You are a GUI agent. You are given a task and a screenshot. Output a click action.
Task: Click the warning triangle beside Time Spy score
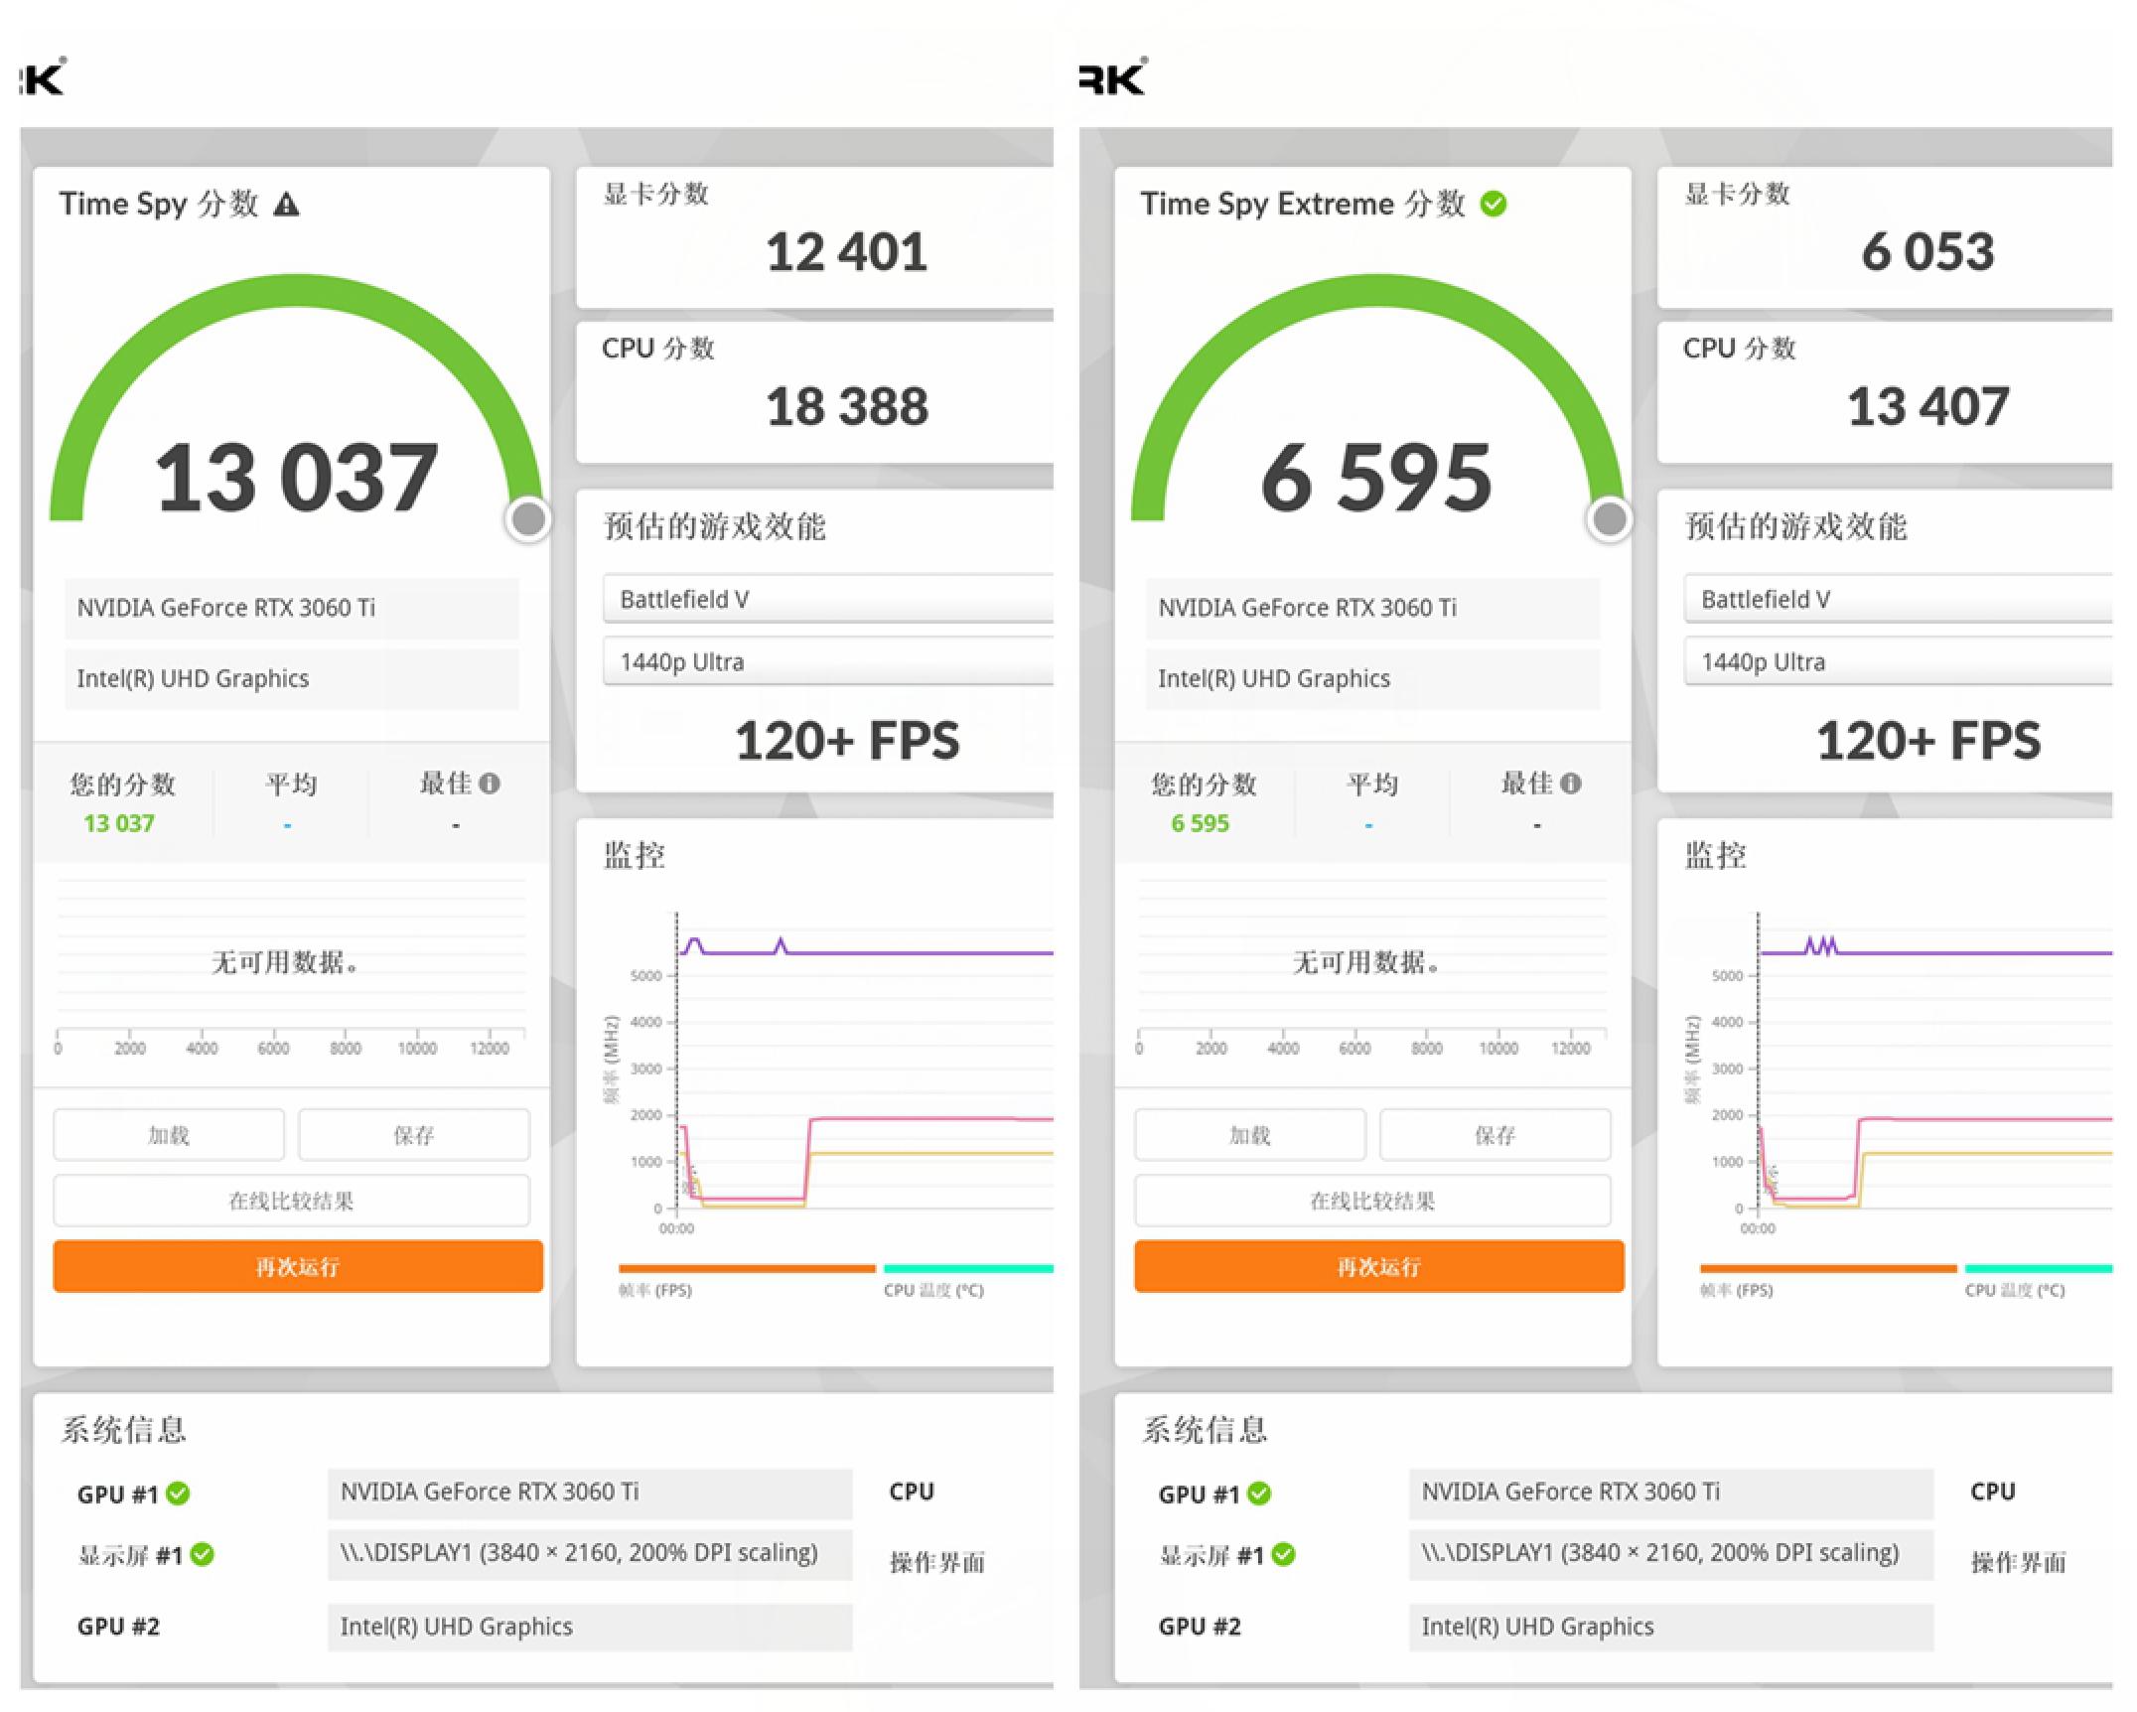[287, 206]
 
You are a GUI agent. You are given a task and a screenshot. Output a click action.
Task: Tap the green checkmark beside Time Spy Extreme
[1493, 205]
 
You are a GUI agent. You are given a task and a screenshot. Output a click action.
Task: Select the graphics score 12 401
[846, 252]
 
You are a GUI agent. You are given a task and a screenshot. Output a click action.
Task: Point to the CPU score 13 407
[1927, 407]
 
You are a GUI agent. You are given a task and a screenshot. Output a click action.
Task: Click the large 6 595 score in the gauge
[1376, 479]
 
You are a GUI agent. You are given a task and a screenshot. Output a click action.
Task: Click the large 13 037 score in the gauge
[296, 479]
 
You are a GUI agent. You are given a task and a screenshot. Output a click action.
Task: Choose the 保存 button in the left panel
[413, 1135]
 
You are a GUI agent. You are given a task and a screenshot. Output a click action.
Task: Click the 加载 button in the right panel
[1249, 1135]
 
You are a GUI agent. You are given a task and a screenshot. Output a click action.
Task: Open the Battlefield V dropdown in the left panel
[826, 600]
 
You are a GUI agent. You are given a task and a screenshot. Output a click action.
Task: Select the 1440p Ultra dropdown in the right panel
[1897, 662]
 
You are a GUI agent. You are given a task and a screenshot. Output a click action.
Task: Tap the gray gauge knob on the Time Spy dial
[528, 518]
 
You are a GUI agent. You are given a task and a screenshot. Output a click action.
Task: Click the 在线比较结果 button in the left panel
[291, 1202]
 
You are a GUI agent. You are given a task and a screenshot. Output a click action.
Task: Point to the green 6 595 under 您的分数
[1200, 823]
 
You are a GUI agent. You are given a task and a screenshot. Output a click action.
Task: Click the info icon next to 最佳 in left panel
[489, 784]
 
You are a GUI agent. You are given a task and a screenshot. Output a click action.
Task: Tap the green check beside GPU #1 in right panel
[1259, 1494]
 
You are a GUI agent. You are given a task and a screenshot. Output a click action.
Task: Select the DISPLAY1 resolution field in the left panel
[589, 1553]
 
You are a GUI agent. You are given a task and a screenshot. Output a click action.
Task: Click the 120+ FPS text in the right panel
[1927, 741]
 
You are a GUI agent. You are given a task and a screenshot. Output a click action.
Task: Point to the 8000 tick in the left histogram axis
[346, 1048]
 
